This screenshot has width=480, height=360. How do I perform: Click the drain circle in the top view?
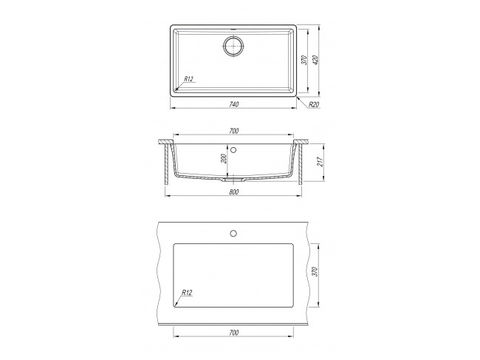pyautogui.click(x=233, y=46)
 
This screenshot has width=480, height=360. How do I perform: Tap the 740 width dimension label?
pyautogui.click(x=233, y=104)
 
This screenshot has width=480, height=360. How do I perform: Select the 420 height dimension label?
pyautogui.click(x=315, y=61)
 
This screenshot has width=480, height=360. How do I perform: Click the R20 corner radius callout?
pyautogui.click(x=314, y=104)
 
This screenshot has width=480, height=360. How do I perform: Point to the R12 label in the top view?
pyautogui.click(x=188, y=79)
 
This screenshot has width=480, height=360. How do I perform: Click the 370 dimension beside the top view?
pyautogui.click(x=304, y=61)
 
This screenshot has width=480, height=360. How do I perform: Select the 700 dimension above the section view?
pyautogui.click(x=233, y=131)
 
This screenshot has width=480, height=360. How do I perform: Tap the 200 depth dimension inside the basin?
pyautogui.click(x=224, y=158)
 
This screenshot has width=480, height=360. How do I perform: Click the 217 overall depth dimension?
pyautogui.click(x=320, y=161)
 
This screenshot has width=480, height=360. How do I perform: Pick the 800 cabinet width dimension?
pyautogui.click(x=233, y=192)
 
